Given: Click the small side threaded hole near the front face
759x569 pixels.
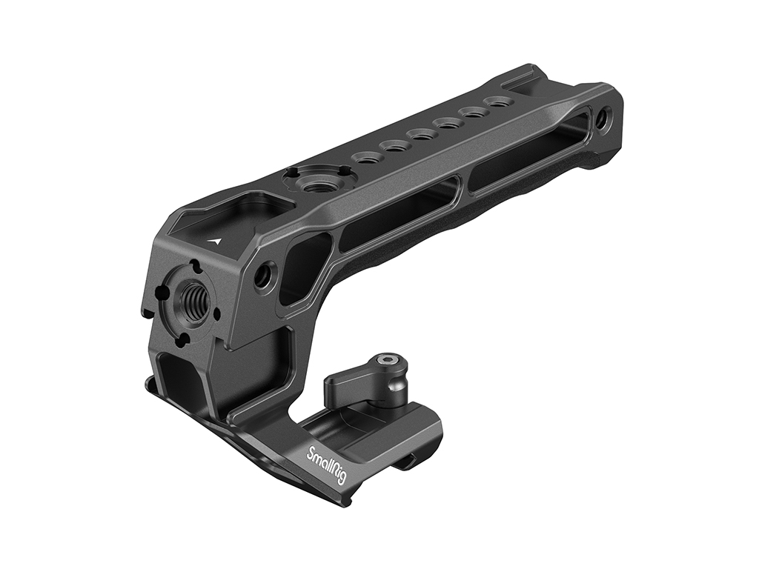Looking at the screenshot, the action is click(264, 276).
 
